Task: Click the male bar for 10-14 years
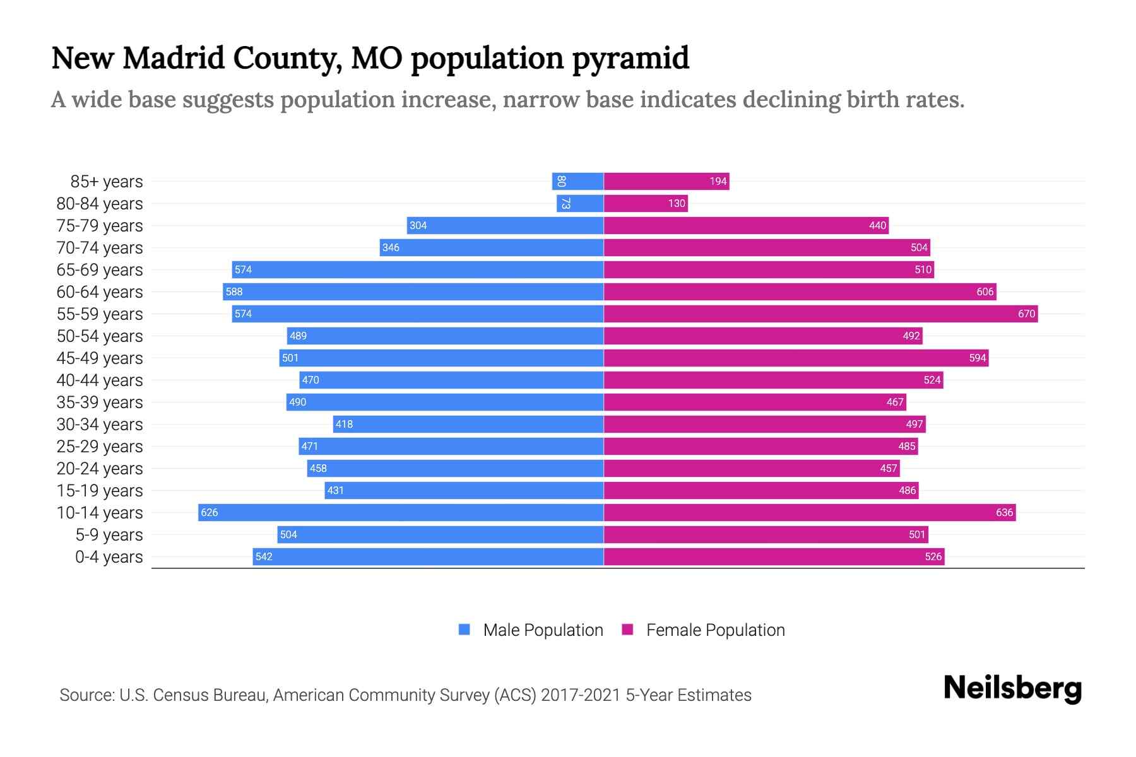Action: [401, 512]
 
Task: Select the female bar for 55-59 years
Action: [820, 314]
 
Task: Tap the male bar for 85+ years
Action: [577, 181]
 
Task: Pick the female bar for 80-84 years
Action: [645, 203]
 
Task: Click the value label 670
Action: [1026, 314]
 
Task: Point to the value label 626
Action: [209, 512]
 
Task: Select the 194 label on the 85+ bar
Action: [718, 181]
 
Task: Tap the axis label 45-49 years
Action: [100, 358]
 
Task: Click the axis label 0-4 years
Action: [109, 556]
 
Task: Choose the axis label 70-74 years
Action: [100, 247]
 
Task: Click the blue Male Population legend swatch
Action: [464, 630]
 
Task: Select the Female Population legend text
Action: [715, 630]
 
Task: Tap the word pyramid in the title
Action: [630, 59]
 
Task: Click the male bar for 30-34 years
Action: [468, 424]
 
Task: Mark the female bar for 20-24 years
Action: [751, 468]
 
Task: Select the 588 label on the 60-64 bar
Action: [234, 291]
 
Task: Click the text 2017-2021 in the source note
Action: [580, 695]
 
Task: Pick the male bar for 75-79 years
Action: [505, 225]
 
